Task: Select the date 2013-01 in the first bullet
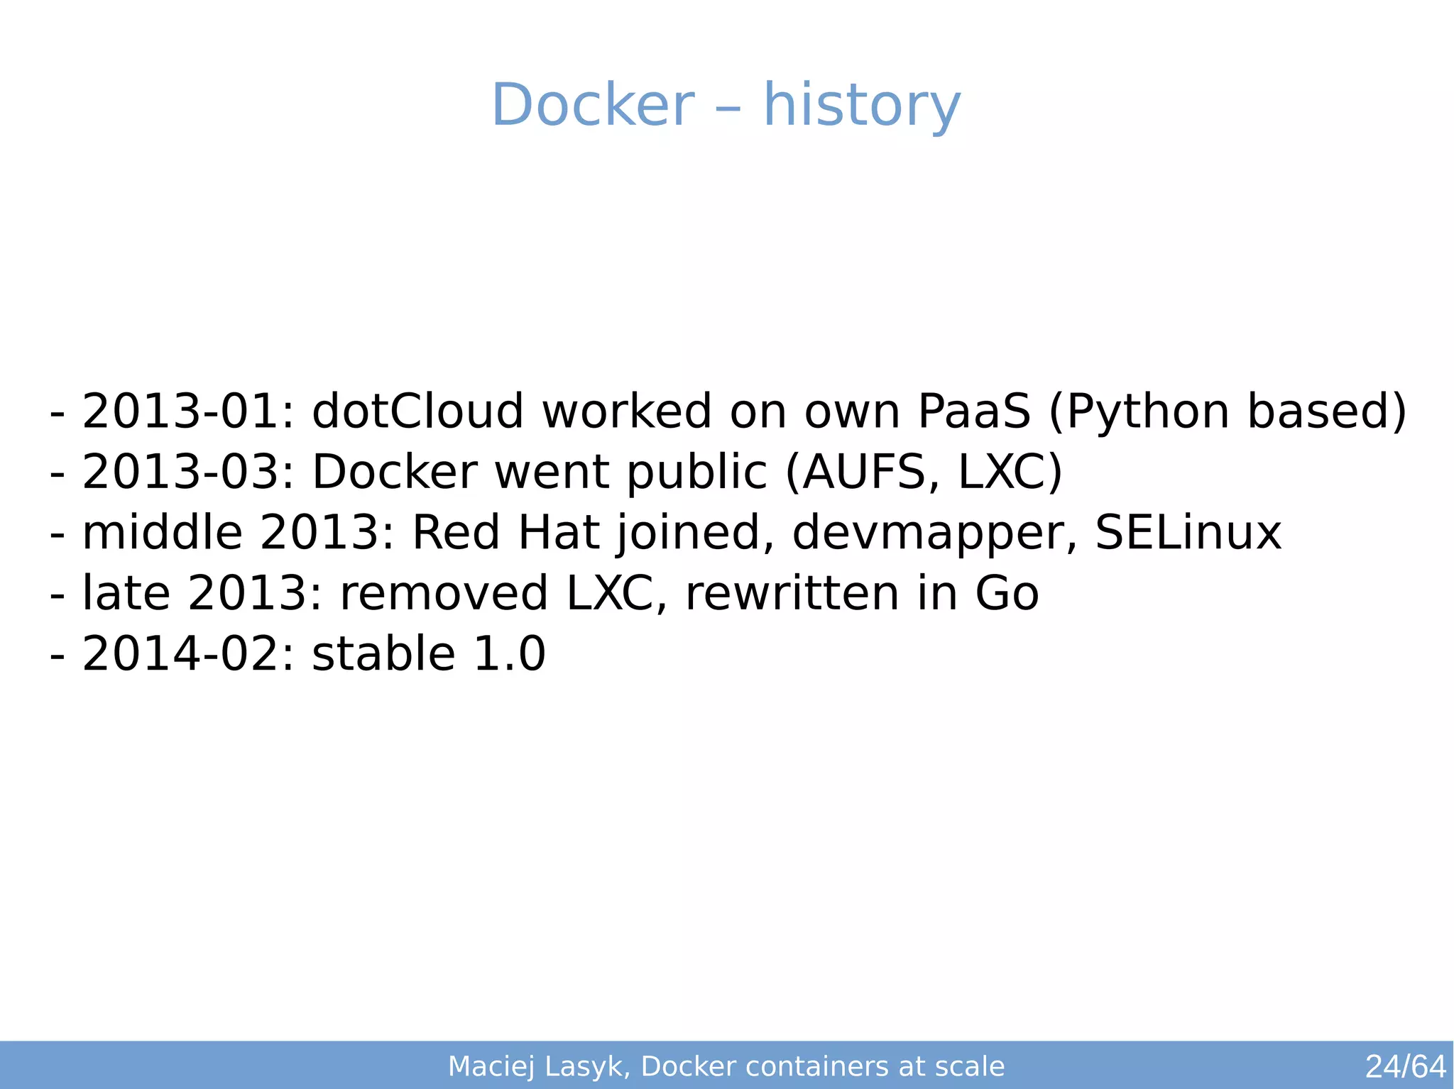180,411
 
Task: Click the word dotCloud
417,411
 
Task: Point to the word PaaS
973,411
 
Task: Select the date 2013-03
180,472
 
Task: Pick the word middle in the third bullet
163,533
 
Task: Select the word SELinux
1188,533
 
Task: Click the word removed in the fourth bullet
444,594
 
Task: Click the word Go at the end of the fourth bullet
1007,594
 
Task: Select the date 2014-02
180,654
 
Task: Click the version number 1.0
509,654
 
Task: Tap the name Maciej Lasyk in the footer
537,1066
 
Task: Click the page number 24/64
1405,1066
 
